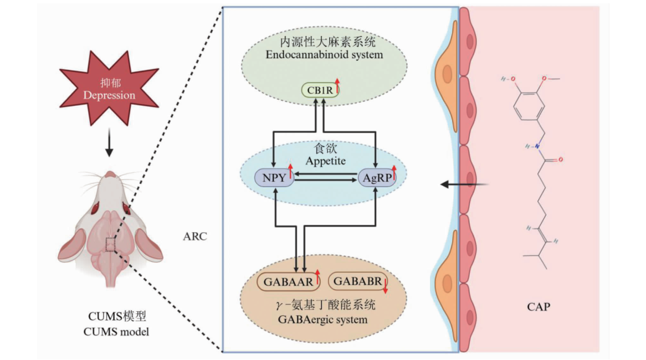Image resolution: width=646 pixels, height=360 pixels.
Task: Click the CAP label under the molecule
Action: pos(539,306)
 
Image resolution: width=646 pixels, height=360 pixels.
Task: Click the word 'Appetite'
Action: pos(324,161)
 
